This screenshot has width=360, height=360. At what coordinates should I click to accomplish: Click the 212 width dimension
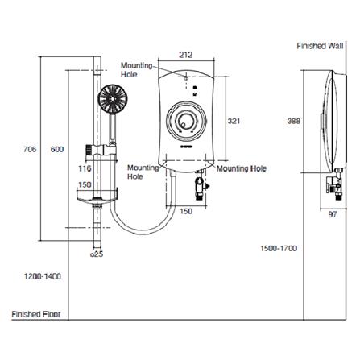[x=186, y=55]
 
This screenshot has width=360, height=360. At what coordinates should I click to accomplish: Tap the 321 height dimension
[x=234, y=121]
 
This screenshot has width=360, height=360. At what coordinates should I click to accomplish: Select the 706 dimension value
[x=30, y=149]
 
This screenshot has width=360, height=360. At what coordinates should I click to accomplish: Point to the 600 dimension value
[x=57, y=149]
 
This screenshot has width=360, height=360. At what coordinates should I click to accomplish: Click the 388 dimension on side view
[x=294, y=121]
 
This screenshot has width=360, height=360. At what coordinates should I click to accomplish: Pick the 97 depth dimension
[x=333, y=214]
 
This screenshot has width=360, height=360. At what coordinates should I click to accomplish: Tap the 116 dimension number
[x=85, y=168]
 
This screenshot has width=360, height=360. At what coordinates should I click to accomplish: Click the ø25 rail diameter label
[x=97, y=254]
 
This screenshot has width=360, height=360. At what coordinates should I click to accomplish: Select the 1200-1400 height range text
[x=43, y=276]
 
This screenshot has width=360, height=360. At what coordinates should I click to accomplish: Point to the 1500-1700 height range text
[x=279, y=248]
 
